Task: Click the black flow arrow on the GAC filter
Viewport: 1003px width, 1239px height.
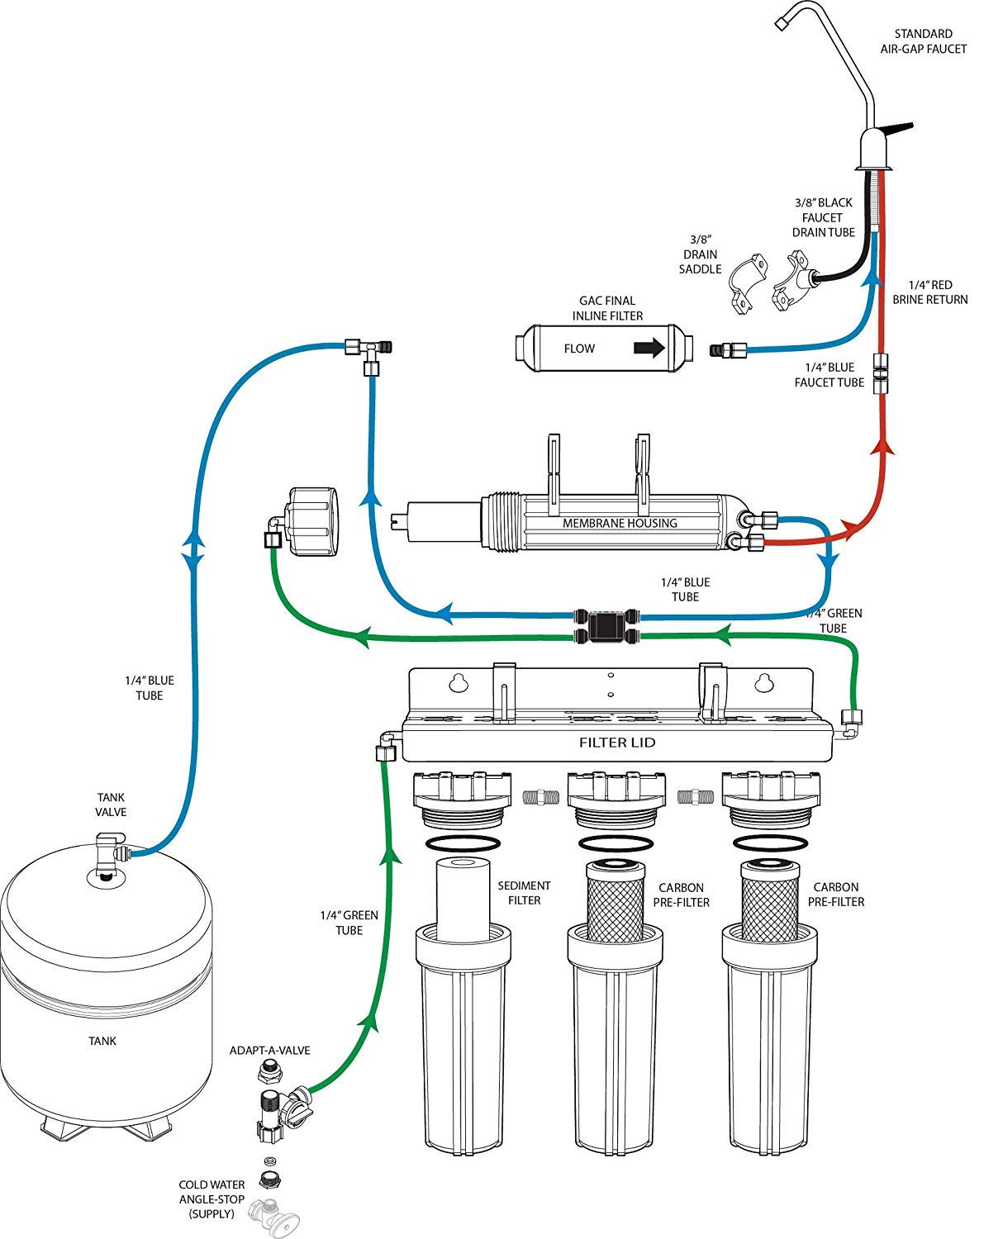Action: pos(649,348)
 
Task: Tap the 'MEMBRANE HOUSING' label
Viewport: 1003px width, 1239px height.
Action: pos(620,523)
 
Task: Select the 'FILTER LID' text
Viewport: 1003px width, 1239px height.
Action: pos(616,743)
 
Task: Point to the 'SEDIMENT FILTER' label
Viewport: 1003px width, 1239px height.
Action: pos(524,893)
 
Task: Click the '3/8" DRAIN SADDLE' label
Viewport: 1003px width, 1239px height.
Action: pos(700,254)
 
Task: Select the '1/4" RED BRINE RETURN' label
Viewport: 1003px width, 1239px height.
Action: pos(929,292)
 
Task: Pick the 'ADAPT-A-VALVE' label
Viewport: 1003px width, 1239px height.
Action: pos(269,1051)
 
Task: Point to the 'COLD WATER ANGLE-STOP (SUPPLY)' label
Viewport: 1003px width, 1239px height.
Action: pos(212,1199)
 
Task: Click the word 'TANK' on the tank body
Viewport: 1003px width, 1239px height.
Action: pos(102,1041)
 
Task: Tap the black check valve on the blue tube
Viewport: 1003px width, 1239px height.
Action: pos(607,616)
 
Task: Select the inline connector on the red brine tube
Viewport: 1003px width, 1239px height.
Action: pos(882,374)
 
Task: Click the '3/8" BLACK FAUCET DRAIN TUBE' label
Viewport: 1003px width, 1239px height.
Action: pos(823,217)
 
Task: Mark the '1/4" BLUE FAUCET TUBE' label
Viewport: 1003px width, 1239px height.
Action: pos(829,375)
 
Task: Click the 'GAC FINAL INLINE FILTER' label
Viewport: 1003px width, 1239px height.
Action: pos(607,308)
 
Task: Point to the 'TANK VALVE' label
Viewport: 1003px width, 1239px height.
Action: pos(111,805)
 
